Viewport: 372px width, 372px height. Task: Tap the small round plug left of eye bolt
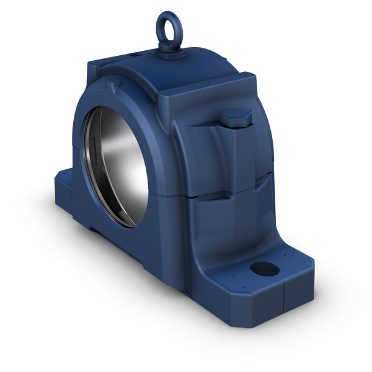(134, 55)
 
